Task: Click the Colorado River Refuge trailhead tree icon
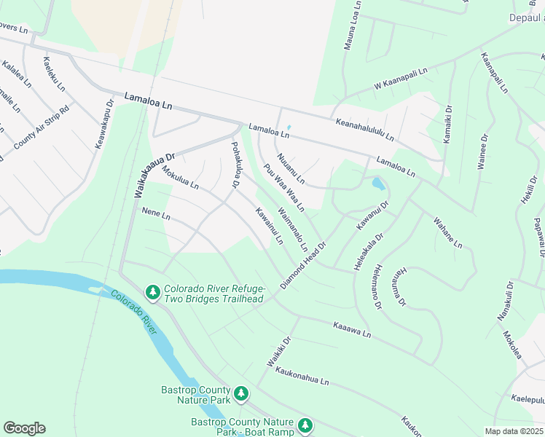[x=152, y=292]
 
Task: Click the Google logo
[x=24, y=428]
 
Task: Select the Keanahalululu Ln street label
[x=364, y=130]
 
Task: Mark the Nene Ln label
[x=155, y=216]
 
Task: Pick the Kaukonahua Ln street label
[x=302, y=376]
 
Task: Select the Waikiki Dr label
[x=278, y=351]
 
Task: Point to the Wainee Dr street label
[x=482, y=151]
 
